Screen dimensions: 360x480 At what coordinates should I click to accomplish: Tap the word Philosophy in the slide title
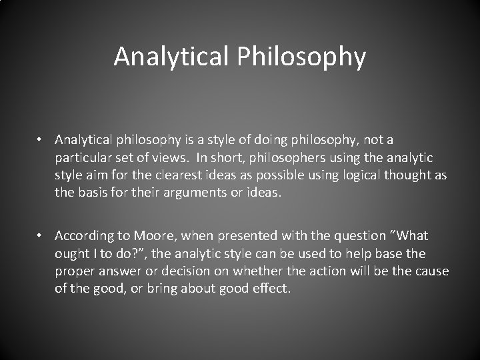[x=301, y=57]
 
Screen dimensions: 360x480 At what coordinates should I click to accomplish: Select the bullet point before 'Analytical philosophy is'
[x=41, y=140]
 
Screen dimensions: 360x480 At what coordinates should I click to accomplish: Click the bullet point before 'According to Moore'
[x=41, y=236]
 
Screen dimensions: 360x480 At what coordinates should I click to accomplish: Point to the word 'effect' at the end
[x=269, y=290]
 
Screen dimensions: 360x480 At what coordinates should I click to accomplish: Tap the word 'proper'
[x=75, y=272]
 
